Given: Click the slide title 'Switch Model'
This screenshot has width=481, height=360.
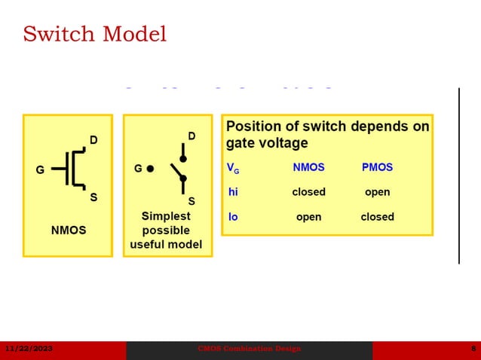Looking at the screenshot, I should (94, 35).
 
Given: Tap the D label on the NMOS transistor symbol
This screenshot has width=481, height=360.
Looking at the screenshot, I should (93, 140).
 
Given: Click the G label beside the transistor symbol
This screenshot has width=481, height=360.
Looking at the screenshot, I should (40, 169).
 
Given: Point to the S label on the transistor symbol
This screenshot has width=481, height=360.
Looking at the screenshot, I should (93, 197).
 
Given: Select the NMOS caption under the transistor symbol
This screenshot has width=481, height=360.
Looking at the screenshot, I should (69, 230).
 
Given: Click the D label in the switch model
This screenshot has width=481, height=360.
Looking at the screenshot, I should (191, 136).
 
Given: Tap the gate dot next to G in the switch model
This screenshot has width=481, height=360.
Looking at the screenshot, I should (150, 169).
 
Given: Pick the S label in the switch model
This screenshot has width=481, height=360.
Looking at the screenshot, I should (191, 201).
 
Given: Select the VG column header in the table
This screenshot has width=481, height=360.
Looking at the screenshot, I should (233, 168).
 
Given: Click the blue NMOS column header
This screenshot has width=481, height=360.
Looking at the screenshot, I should (308, 167).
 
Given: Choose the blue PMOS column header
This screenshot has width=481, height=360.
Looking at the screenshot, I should (377, 167).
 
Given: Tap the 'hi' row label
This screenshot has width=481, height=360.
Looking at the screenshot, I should (233, 192).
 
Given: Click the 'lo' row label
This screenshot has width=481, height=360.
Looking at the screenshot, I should (233, 217).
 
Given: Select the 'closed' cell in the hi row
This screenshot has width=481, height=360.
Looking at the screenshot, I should (308, 192).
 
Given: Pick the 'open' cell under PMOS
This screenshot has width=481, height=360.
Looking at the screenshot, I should (377, 192).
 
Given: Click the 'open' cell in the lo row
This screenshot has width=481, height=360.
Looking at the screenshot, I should (308, 217).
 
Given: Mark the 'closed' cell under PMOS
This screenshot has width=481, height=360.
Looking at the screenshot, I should (377, 217).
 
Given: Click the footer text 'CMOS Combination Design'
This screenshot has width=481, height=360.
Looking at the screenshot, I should (249, 349).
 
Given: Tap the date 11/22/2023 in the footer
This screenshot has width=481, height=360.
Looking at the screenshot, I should (29, 349).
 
